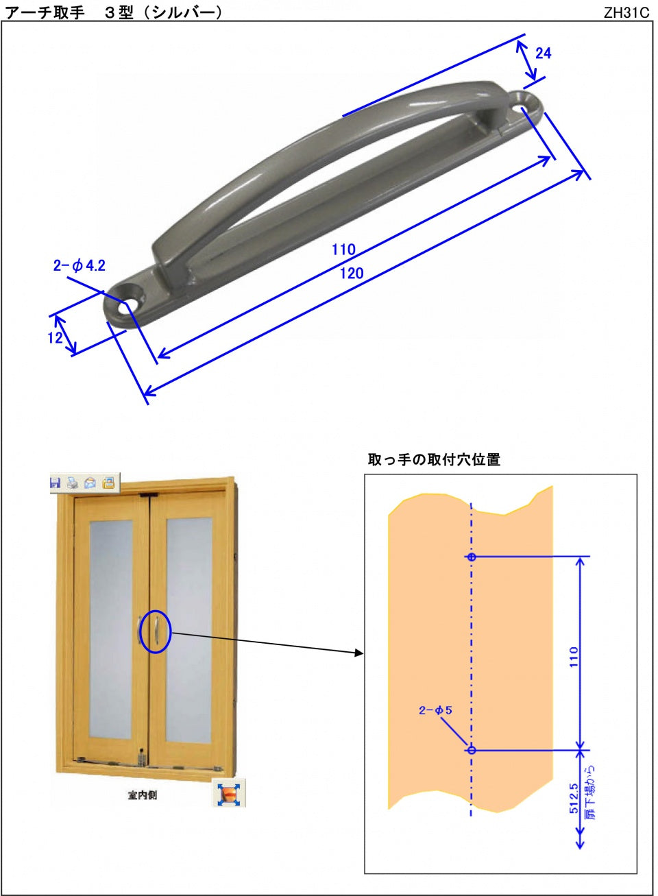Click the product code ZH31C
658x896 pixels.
(x=626, y=13)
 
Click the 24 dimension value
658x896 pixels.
(x=543, y=53)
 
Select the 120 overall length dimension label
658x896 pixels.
(x=351, y=274)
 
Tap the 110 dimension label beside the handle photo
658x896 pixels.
(x=343, y=250)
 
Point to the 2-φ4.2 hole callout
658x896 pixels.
(x=80, y=266)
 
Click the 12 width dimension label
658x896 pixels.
(x=55, y=337)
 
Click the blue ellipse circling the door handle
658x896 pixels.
(x=156, y=631)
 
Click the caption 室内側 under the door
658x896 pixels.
(x=142, y=795)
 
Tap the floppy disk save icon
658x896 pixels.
(x=56, y=483)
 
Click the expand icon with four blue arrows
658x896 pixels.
(x=228, y=794)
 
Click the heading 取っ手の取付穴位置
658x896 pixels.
(x=434, y=460)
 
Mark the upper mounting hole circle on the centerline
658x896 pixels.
(x=472, y=557)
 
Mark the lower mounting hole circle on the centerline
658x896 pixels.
(x=472, y=750)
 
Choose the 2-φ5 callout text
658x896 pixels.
(x=435, y=711)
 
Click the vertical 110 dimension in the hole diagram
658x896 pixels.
(x=574, y=656)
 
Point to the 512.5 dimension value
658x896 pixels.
(x=574, y=799)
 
